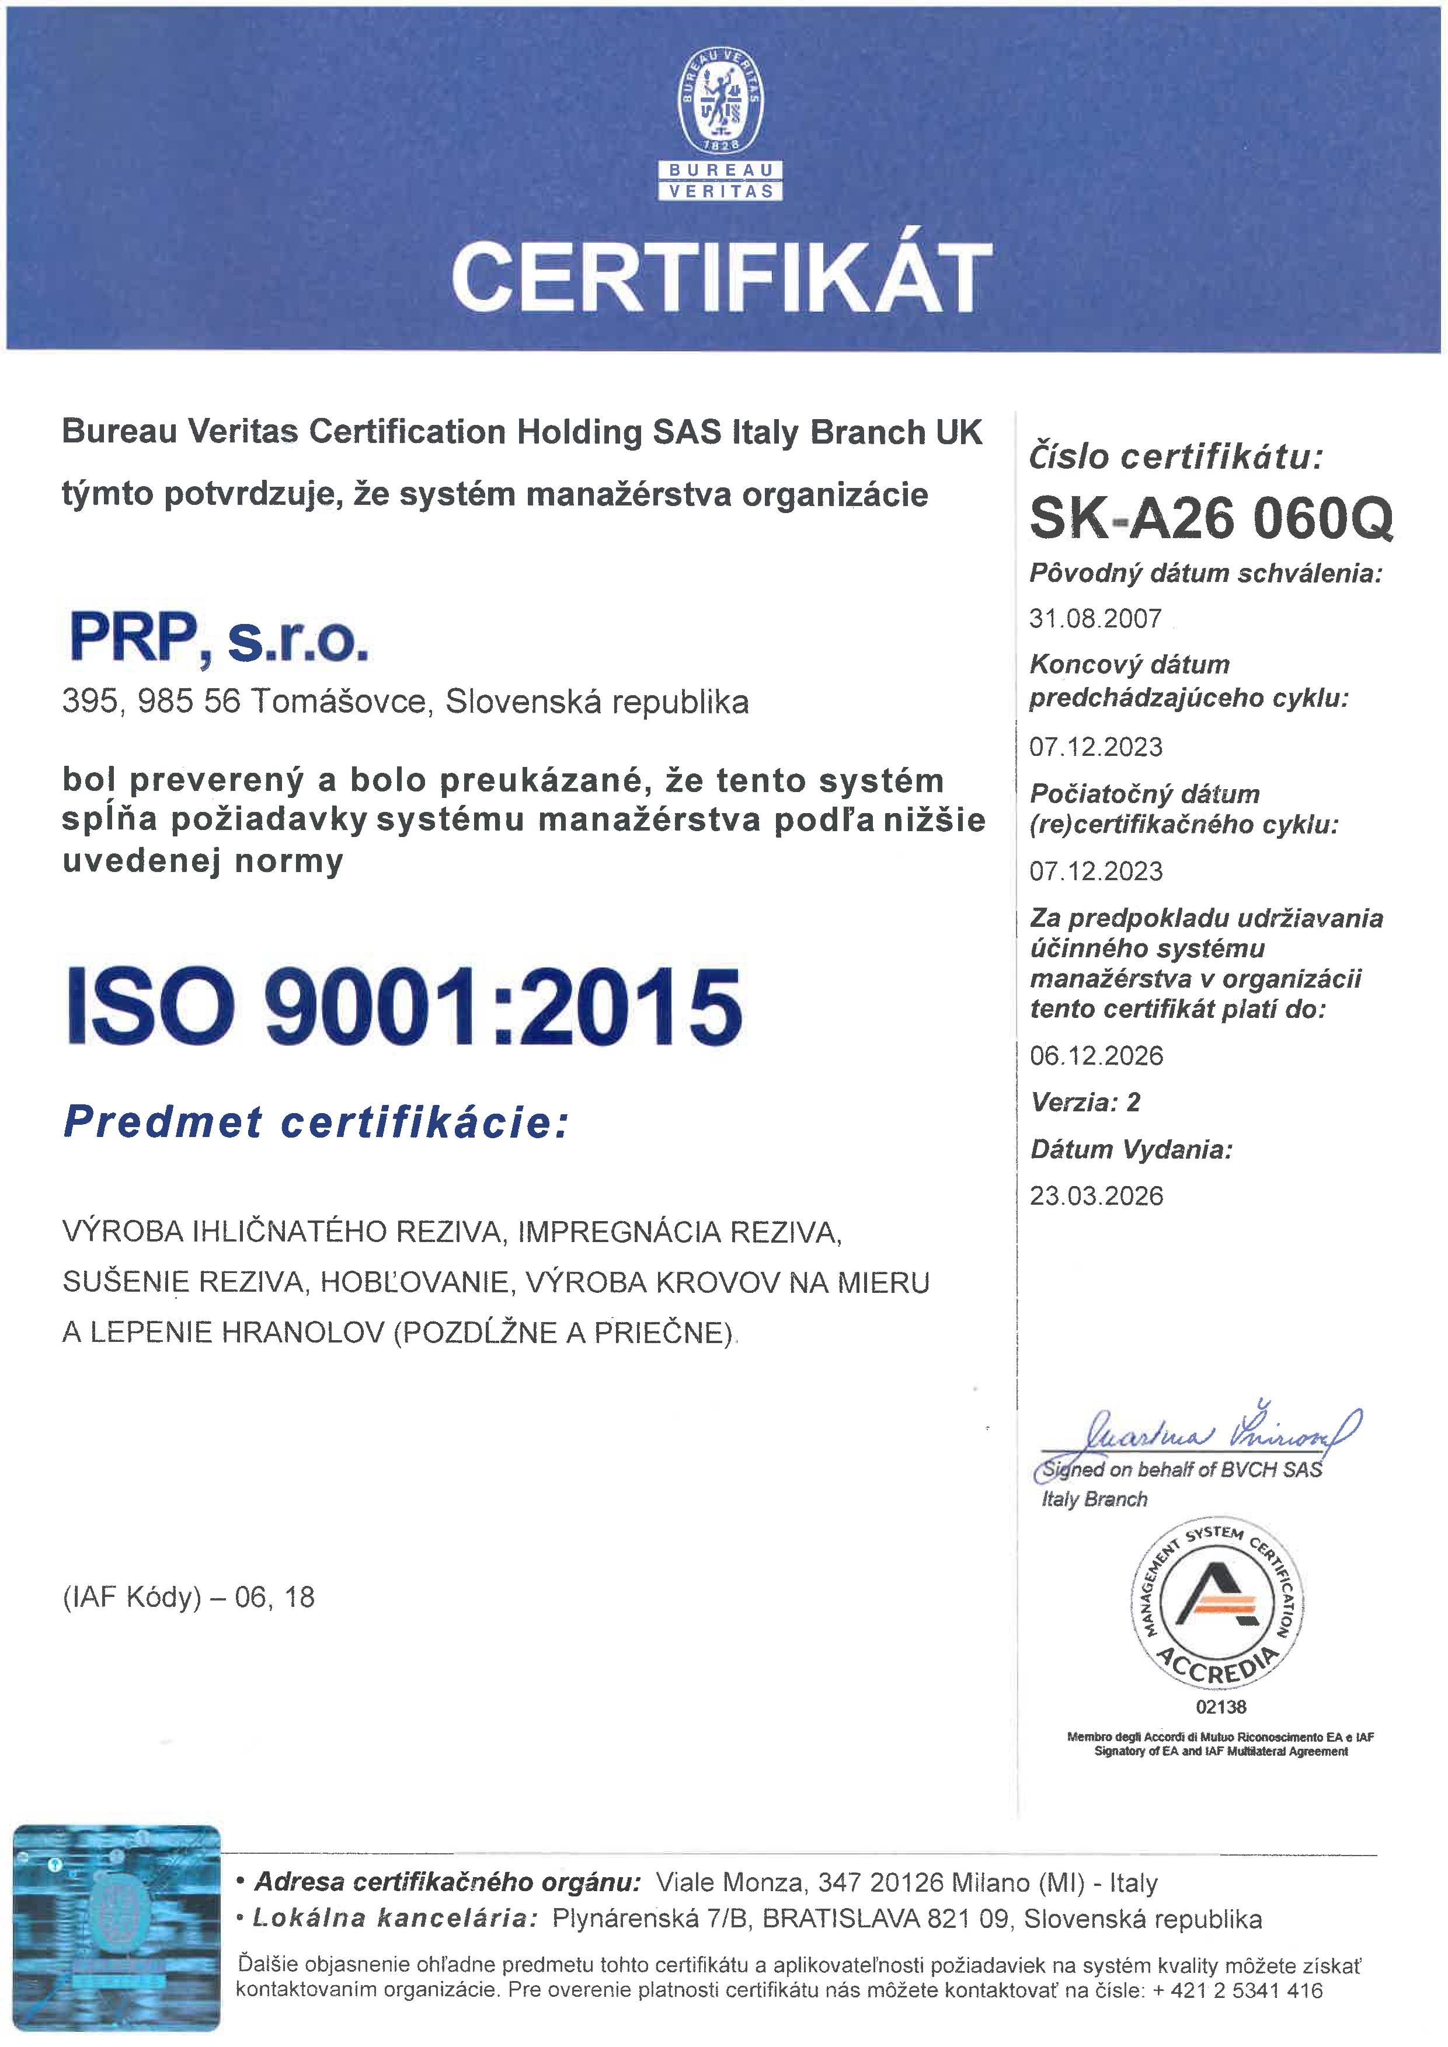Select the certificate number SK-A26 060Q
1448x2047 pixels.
(x=1210, y=518)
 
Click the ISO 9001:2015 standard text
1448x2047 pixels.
(x=404, y=1006)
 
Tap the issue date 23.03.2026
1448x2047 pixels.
(x=1096, y=1195)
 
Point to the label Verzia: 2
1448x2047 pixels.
(x=1085, y=1102)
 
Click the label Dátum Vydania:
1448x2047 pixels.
(x=1130, y=1149)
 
